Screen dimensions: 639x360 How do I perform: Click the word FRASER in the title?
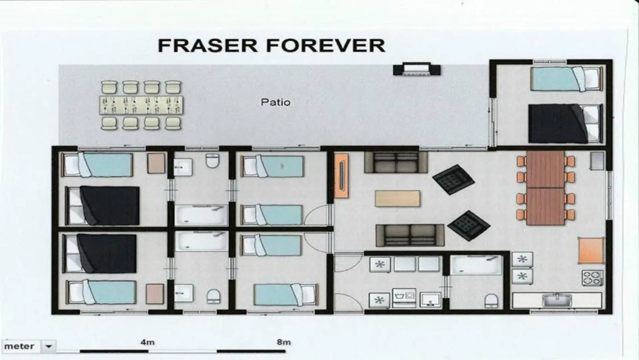point(207,45)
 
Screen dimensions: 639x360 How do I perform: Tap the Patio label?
point(276,102)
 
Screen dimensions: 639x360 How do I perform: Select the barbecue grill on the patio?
point(417,69)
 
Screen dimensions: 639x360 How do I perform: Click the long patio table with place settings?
point(142,105)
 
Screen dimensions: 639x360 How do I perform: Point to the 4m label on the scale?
point(147,342)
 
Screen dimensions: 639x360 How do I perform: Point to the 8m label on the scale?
point(284,342)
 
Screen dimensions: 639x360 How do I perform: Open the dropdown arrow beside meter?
point(48,346)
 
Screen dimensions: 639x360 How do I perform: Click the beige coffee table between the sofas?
point(397,199)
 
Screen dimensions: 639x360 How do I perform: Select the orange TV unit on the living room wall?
point(341,176)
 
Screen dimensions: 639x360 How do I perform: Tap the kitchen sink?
point(557,300)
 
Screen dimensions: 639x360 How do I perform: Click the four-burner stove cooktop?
point(592,278)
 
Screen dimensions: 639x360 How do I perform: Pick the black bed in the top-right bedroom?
point(565,124)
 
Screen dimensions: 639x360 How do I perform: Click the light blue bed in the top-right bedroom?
point(566,78)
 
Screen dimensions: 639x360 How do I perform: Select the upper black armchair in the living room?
point(453,179)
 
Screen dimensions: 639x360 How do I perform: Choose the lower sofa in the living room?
point(410,235)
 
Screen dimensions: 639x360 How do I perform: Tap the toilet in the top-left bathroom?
point(212,161)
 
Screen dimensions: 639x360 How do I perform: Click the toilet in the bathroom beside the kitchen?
point(491,300)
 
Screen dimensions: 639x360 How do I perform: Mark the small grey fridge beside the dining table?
point(597,161)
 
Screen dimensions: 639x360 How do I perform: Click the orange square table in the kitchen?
point(591,251)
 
